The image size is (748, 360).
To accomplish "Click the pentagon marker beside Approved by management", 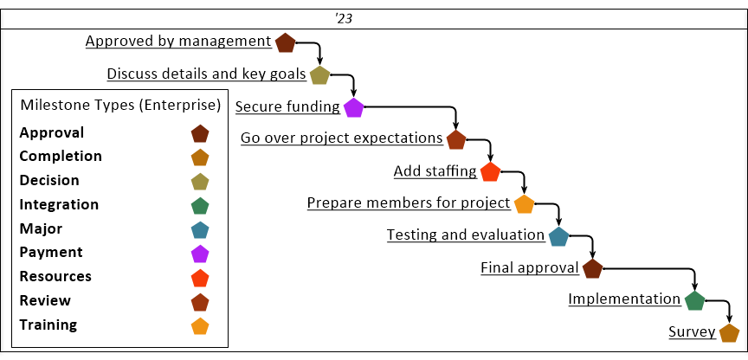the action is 286,43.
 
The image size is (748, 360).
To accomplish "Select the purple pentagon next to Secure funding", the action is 353,108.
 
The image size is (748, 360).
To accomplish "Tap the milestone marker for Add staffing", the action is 490,171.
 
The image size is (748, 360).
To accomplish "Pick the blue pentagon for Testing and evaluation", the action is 558,236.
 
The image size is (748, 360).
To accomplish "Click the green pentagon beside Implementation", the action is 694,300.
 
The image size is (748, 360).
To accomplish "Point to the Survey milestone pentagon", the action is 729,333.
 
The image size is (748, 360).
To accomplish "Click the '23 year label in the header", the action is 344,19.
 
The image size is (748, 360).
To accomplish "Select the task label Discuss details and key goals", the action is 206,74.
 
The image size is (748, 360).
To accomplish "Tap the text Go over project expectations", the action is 342,138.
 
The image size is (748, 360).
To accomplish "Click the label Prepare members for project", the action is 409,203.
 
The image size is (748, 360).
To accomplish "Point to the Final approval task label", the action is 530,268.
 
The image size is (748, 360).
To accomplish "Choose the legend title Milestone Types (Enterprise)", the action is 120,106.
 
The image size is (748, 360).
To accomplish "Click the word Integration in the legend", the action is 59,205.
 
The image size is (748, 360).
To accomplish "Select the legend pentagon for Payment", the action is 200,254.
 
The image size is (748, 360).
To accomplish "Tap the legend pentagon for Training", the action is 200,326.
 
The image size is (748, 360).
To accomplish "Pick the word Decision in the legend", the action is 49,181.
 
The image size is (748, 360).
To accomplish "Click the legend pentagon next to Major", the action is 200,230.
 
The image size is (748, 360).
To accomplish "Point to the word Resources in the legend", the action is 55,277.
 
